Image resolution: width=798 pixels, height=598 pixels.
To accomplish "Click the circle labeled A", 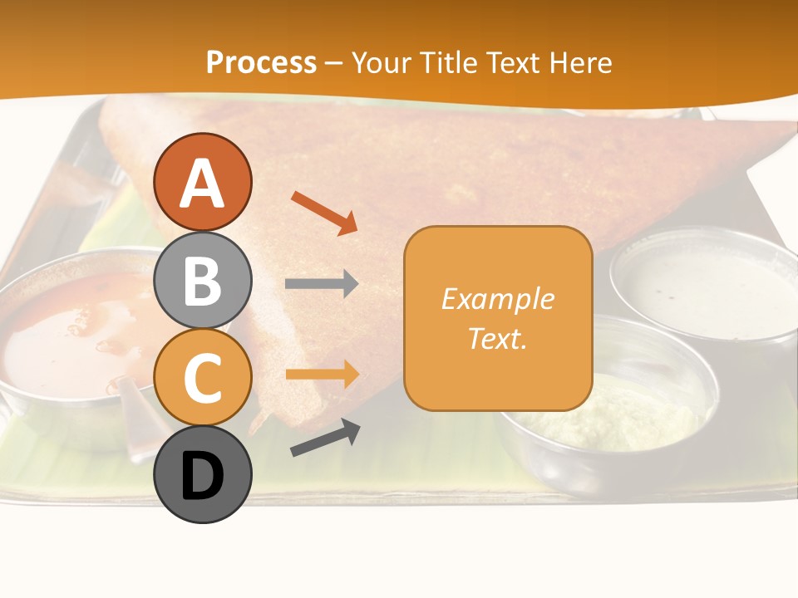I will coord(202,182).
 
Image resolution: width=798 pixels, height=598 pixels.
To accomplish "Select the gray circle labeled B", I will coord(202,280).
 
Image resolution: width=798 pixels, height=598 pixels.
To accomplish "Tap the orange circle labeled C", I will coord(202,377).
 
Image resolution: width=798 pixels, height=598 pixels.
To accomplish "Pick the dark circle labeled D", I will coord(202,474).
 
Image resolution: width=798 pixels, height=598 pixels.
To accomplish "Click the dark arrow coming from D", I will coord(325,438).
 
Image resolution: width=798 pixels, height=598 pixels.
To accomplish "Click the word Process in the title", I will coord(261,62).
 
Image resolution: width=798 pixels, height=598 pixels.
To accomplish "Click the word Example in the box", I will coord(497,299).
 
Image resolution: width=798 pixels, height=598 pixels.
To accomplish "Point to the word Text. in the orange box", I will coord(497,339).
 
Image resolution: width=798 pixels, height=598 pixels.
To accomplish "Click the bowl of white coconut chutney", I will coord(702,287).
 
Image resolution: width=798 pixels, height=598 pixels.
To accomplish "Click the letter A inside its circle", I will coord(202,183).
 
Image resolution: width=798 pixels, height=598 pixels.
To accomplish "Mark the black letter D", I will coord(202,476).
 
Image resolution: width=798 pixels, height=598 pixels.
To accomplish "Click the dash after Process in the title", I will coord(334,63).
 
